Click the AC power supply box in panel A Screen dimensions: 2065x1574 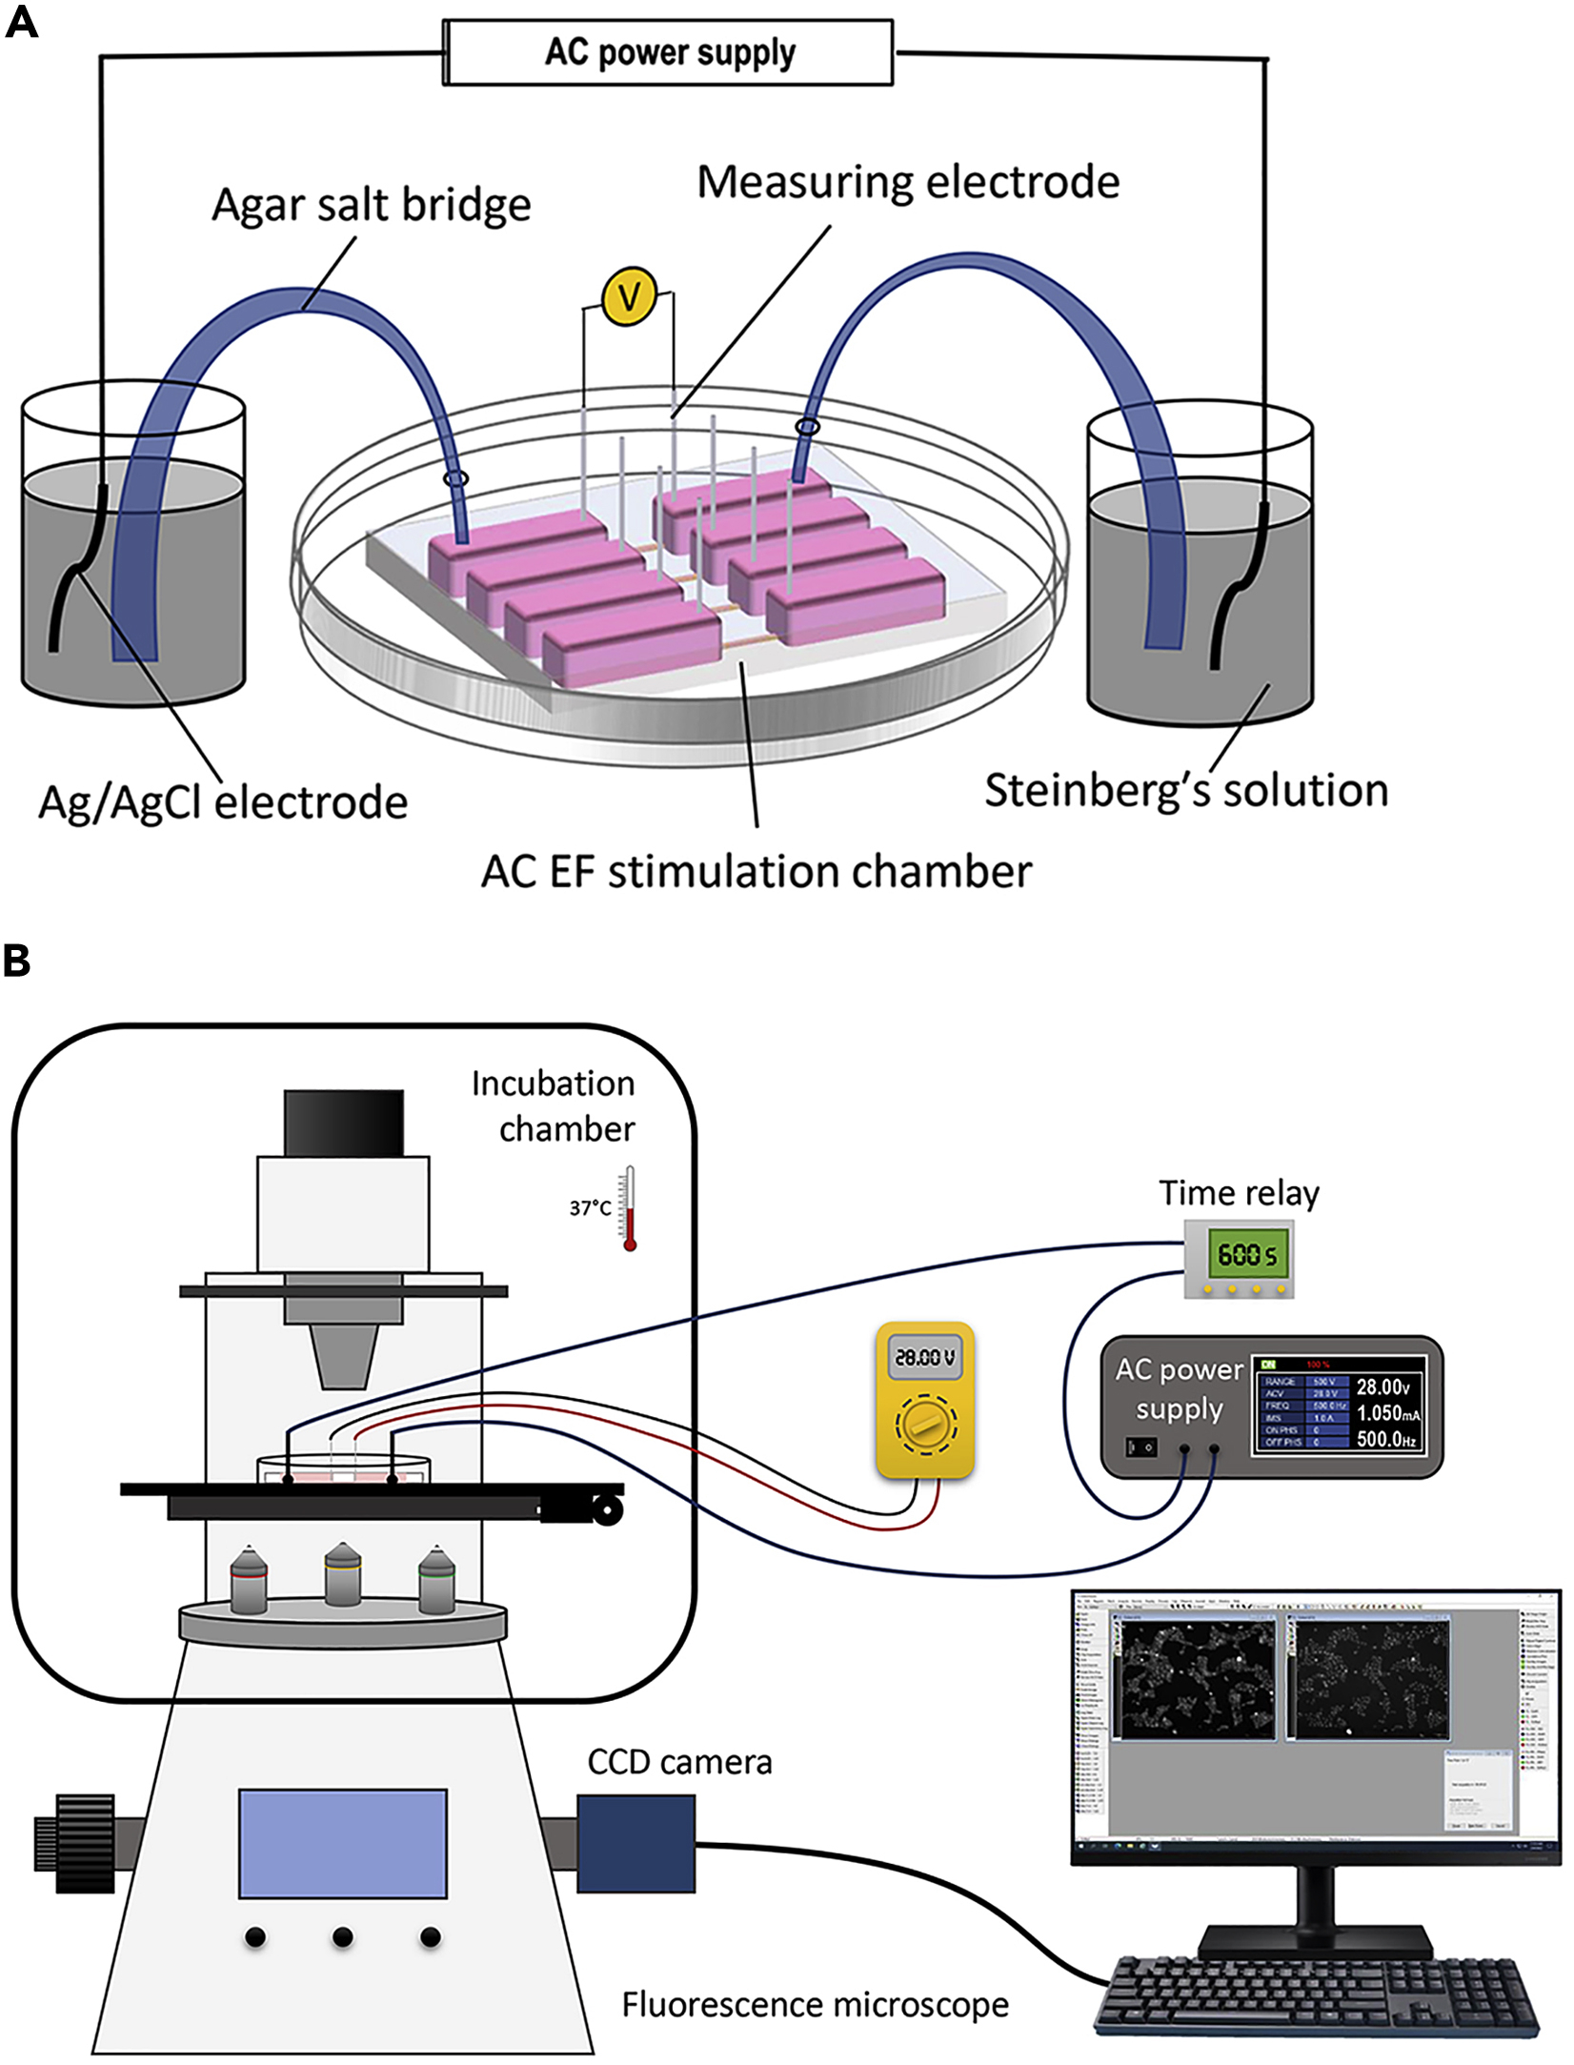click(x=669, y=53)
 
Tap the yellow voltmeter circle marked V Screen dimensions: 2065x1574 click(x=630, y=296)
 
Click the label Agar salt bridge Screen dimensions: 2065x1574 click(x=371, y=206)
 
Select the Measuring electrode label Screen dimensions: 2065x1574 click(x=907, y=182)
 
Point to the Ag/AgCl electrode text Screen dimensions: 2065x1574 click(x=223, y=802)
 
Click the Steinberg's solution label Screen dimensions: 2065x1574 click(x=1186, y=790)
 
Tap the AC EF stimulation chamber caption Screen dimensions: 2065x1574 click(x=756, y=871)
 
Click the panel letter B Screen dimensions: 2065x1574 click(x=17, y=962)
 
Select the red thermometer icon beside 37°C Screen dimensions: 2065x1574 click(x=629, y=1208)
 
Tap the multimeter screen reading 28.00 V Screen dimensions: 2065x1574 click(x=924, y=1356)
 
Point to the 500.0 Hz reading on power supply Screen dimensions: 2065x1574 click(x=1386, y=1439)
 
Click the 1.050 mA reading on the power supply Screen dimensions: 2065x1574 click(x=1387, y=1413)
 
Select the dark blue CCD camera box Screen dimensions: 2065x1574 click(x=636, y=1843)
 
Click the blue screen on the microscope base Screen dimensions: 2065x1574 click(x=342, y=1843)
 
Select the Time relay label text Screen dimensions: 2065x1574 click(x=1239, y=1193)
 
